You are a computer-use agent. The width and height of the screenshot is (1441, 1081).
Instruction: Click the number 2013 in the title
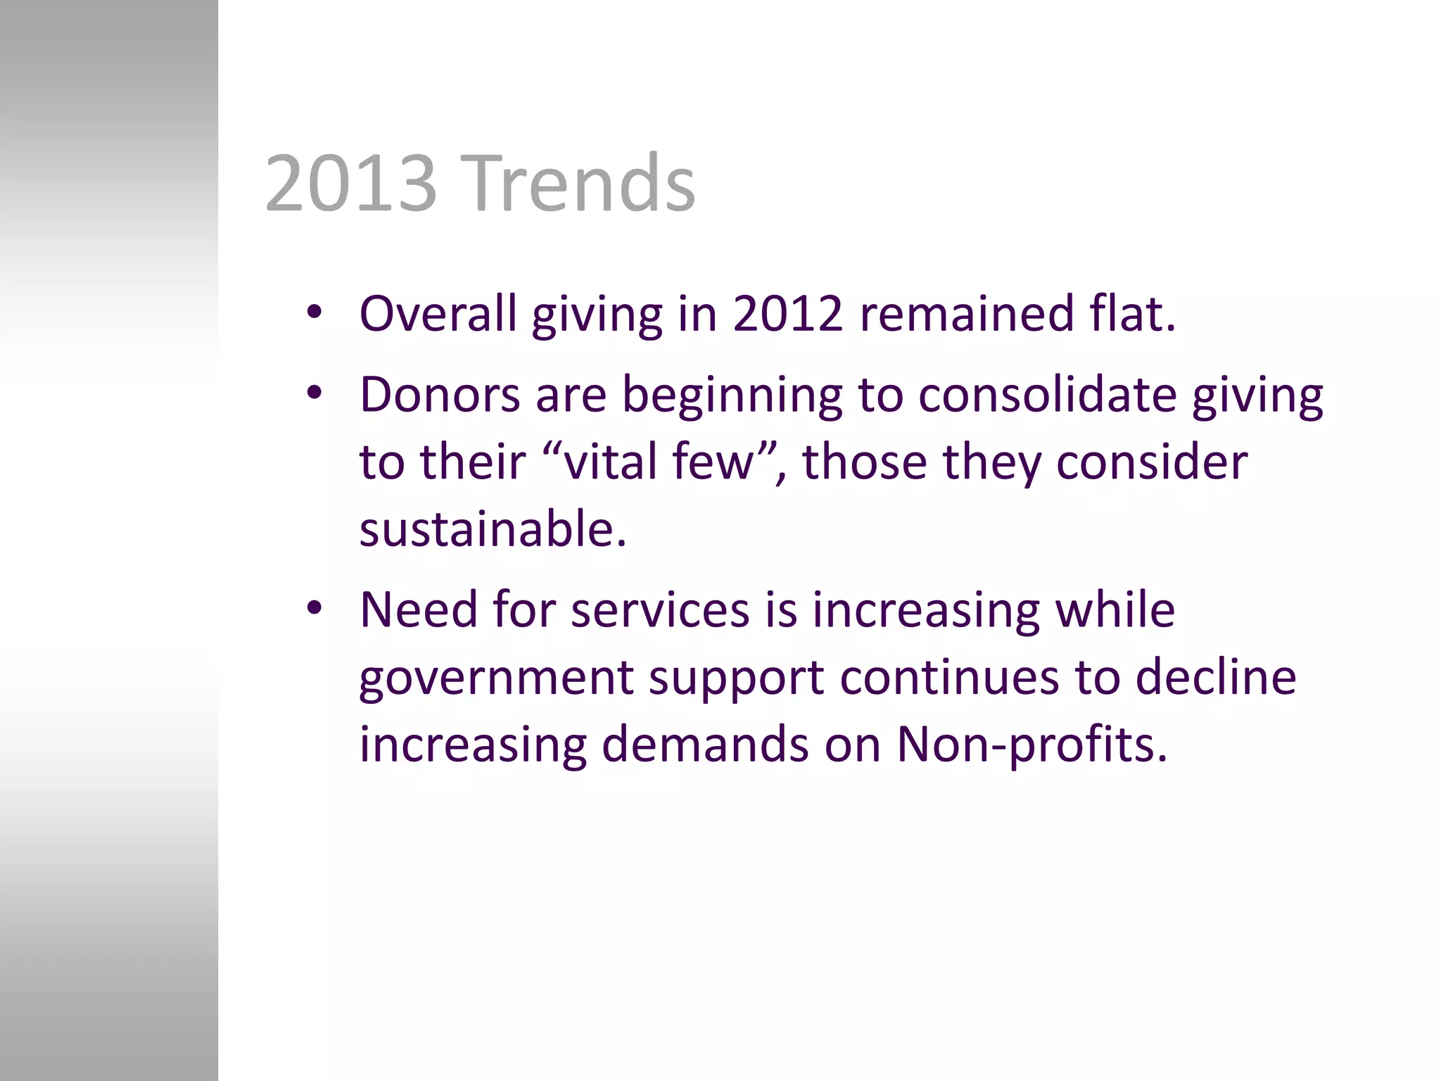coord(350,184)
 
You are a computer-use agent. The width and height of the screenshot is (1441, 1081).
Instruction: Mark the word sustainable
coord(492,529)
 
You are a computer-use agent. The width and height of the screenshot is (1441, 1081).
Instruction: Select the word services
coord(660,609)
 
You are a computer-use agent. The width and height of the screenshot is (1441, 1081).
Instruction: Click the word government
coord(496,678)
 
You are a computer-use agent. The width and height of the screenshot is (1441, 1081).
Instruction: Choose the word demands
coord(705,745)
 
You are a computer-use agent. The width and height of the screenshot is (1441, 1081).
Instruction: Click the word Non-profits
coord(1031,745)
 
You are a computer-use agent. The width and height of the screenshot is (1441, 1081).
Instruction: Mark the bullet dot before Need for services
coord(314,608)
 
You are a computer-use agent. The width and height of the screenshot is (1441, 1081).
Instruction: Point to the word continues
coord(949,677)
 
